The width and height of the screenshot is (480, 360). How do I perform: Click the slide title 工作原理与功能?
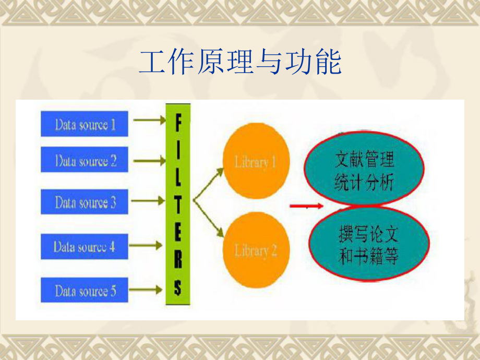point(240,63)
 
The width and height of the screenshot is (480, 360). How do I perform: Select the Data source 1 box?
point(85,124)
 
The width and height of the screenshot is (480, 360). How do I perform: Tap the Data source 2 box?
point(85,160)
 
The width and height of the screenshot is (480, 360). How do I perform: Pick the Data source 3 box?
point(85,202)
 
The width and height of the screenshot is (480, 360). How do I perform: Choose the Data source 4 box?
point(85,246)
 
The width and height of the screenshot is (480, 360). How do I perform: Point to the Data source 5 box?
point(85,290)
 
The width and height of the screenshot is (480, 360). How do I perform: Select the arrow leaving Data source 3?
point(148,200)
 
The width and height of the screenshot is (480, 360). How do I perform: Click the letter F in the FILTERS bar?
point(178,124)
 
